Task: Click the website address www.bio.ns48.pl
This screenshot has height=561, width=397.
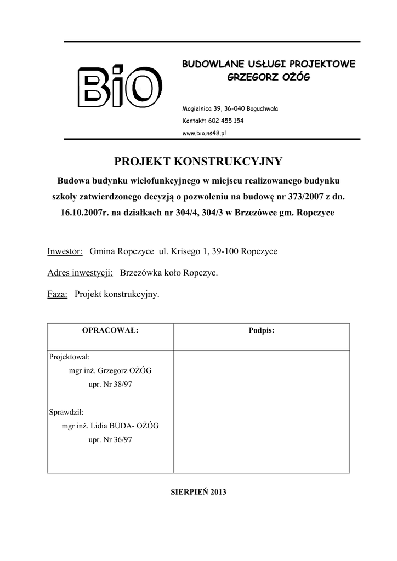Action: coord(204,133)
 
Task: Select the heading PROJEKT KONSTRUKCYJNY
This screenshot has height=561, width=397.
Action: coord(198,161)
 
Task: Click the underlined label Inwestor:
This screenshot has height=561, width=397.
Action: coord(65,251)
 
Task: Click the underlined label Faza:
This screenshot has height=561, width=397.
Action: coord(58,294)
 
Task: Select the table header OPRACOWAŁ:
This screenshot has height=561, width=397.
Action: coord(110,331)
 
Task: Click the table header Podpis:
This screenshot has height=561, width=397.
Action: coord(262,331)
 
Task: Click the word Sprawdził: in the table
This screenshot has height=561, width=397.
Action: coord(66,411)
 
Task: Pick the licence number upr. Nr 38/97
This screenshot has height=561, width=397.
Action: coord(110,385)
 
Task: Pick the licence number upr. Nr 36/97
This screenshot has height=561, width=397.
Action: coord(110,440)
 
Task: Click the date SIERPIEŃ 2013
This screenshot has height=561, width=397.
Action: coord(198,491)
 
